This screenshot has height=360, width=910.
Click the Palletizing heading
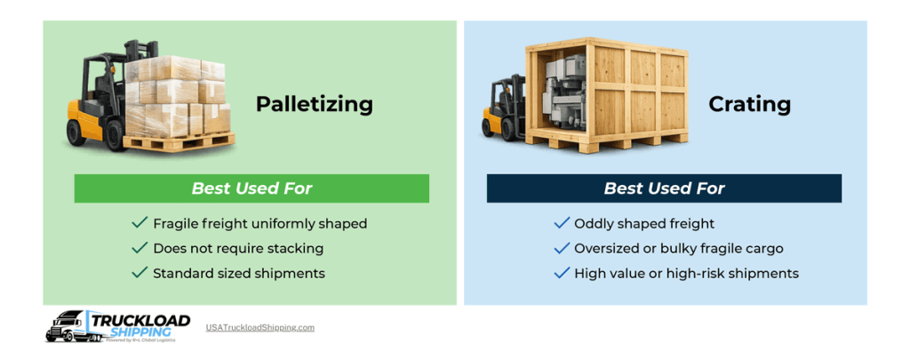[x=314, y=105]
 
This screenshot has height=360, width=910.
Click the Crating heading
[x=749, y=105]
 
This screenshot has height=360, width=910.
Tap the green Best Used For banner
[x=251, y=188]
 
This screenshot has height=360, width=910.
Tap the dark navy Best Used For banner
[x=664, y=188]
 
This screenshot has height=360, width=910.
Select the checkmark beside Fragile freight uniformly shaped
[x=140, y=223]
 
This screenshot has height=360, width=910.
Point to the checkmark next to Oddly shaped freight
[x=562, y=223]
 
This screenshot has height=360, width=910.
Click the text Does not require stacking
[x=238, y=248]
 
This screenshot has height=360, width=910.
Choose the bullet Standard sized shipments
[x=239, y=273]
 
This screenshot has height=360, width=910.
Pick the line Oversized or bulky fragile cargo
[x=678, y=248]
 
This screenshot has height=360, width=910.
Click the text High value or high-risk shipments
[x=686, y=273]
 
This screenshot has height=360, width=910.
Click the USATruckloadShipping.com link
[x=260, y=327]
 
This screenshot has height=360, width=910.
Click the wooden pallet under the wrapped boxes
[x=178, y=141]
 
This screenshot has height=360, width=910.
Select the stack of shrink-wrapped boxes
[x=178, y=93]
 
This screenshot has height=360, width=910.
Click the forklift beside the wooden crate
[x=503, y=111]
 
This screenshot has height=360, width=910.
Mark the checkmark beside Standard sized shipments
[x=140, y=273]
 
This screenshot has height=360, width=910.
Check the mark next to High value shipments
[x=562, y=273]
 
